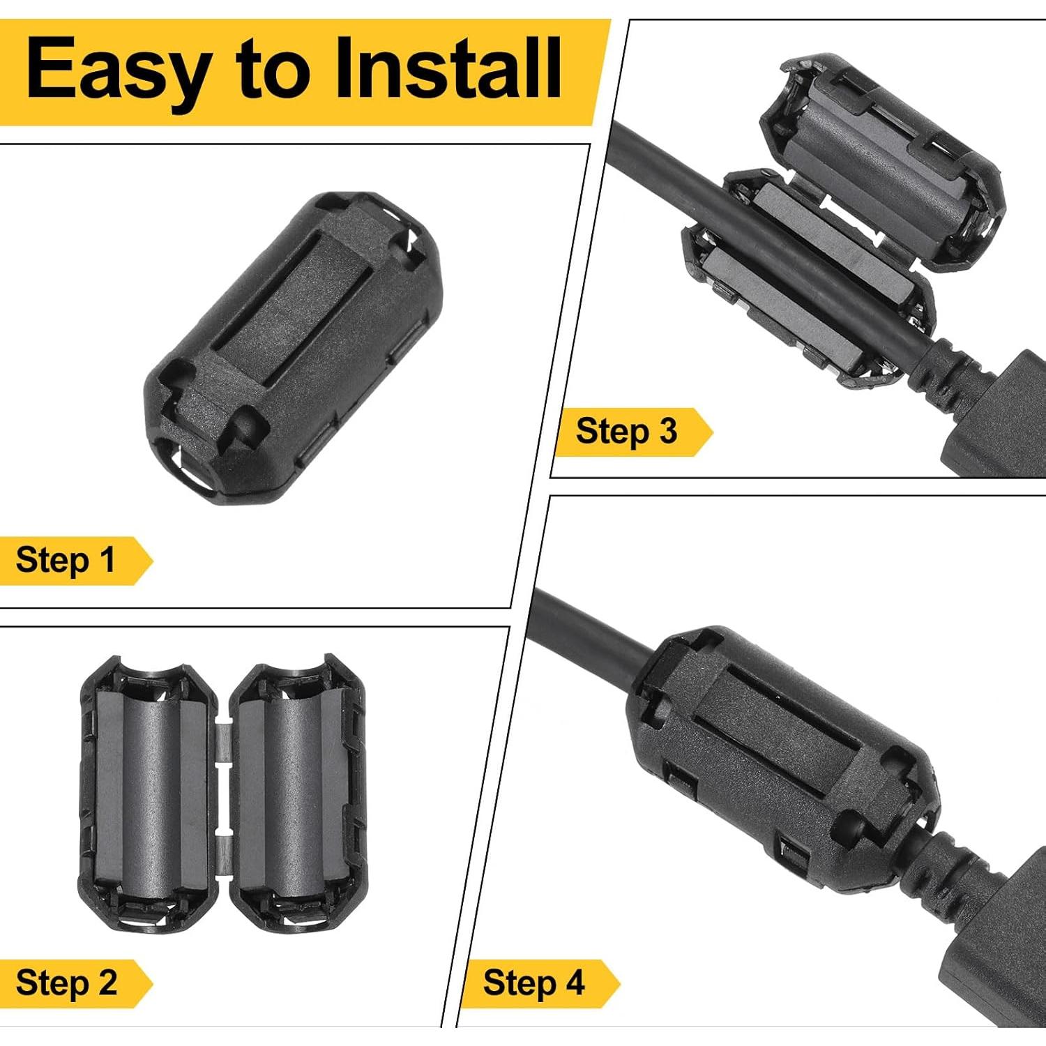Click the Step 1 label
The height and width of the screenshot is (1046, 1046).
[66, 560]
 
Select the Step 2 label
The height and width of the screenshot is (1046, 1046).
[67, 983]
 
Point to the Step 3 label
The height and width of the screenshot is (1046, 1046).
[626, 431]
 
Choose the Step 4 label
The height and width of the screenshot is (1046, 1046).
[533, 983]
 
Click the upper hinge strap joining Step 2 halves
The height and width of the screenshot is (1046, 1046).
[223, 743]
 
